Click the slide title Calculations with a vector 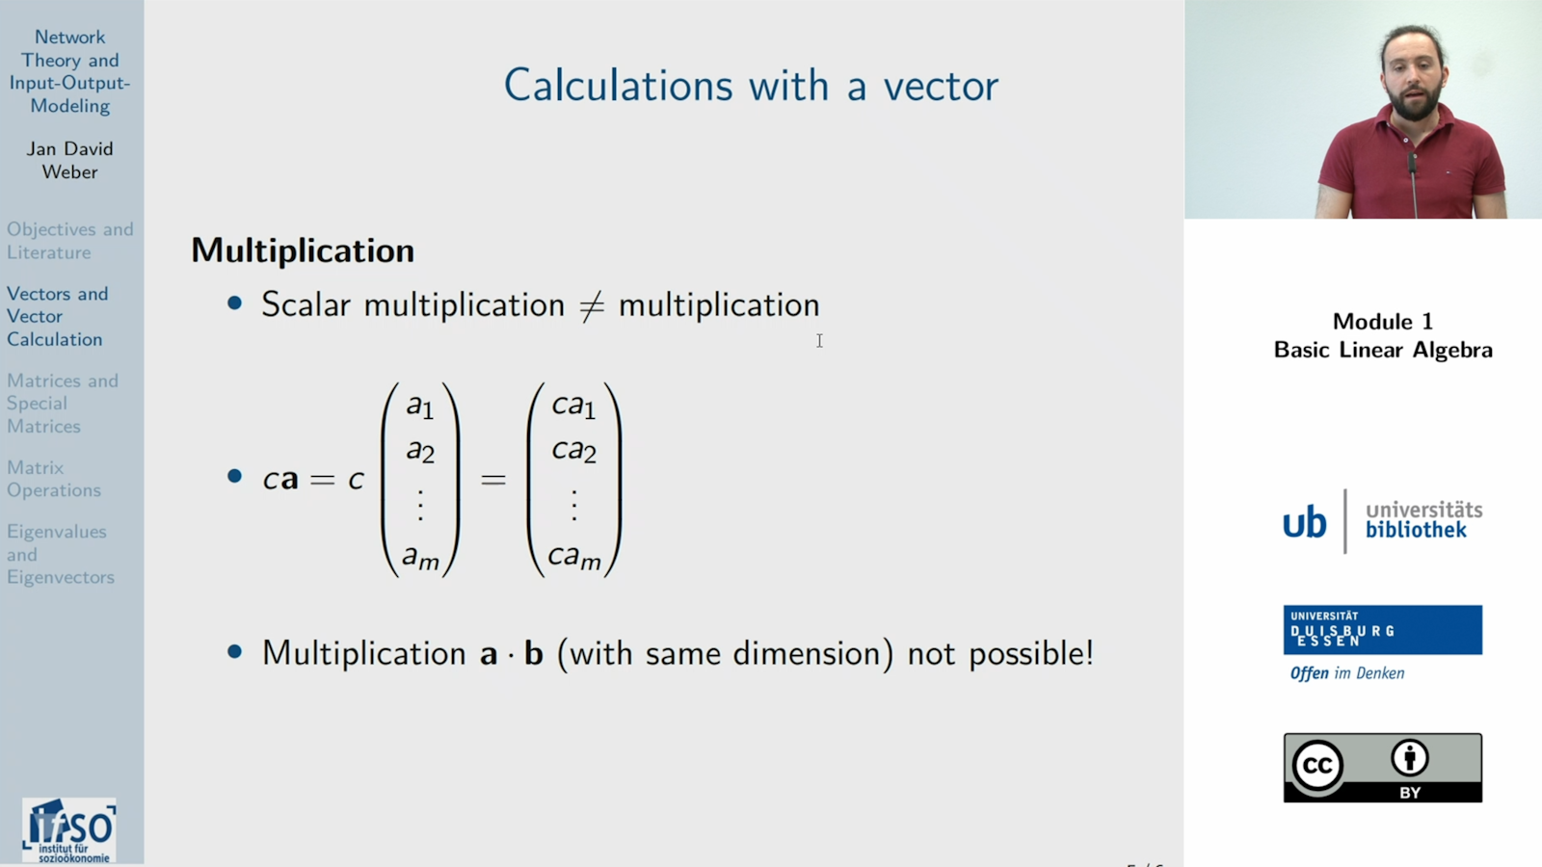[x=751, y=86]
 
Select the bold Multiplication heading [x=303, y=250]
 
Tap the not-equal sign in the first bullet [x=591, y=305]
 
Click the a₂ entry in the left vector [x=420, y=450]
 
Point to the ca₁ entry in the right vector [x=573, y=406]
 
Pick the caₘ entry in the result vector [x=574, y=556]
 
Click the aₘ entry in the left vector [x=421, y=556]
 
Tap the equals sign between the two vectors [x=493, y=479]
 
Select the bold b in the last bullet [x=533, y=654]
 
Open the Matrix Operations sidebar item [x=54, y=479]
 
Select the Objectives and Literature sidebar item [x=69, y=241]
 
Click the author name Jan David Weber [x=69, y=160]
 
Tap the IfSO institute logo [x=69, y=829]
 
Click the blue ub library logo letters [x=1304, y=522]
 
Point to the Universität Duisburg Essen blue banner [x=1382, y=630]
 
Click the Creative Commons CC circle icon [x=1317, y=766]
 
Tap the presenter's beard [x=1415, y=102]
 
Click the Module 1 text [x=1382, y=322]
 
